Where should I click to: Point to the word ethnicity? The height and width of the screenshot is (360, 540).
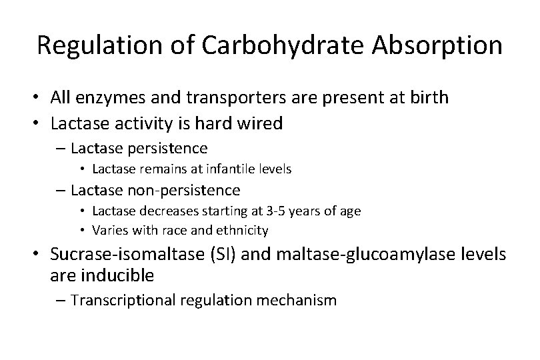point(245,231)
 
